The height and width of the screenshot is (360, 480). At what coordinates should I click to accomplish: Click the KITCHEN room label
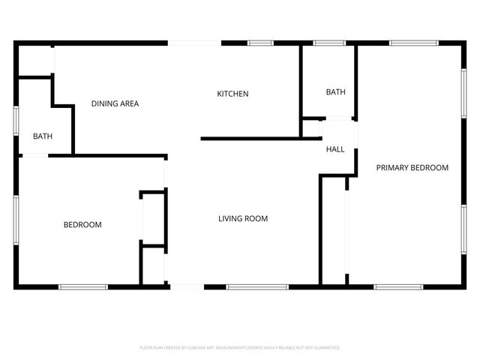pyautogui.click(x=232, y=94)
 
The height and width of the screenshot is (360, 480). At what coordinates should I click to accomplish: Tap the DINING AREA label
pyautogui.click(x=115, y=103)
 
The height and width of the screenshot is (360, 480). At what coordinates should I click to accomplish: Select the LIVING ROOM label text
pyautogui.click(x=243, y=219)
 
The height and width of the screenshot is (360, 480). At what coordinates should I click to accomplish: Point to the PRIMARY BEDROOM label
pyautogui.click(x=412, y=168)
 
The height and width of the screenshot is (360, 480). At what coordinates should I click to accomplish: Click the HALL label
pyautogui.click(x=335, y=149)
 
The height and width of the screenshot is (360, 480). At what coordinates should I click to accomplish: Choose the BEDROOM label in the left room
pyautogui.click(x=82, y=225)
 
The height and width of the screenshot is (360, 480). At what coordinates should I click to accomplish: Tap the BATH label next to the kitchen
pyautogui.click(x=335, y=92)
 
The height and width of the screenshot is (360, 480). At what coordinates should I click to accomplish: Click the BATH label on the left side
pyautogui.click(x=43, y=136)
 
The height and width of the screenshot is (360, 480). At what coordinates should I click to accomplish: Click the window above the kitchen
pyautogui.click(x=260, y=43)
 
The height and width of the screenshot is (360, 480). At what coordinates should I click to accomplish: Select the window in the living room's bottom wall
pyautogui.click(x=257, y=286)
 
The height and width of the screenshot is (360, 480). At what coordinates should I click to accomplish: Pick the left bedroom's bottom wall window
pyautogui.click(x=83, y=286)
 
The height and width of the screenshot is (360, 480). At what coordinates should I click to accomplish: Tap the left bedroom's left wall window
pyautogui.click(x=16, y=220)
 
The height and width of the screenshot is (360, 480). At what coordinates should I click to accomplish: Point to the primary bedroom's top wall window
pyautogui.click(x=413, y=43)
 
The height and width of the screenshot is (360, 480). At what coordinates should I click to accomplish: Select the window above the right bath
pyautogui.click(x=328, y=43)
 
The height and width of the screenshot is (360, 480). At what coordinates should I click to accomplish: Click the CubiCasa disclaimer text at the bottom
pyautogui.click(x=240, y=348)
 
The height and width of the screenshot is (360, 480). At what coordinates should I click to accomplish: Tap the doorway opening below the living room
pyautogui.click(x=186, y=286)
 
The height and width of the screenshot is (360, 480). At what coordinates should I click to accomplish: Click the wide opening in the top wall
pyautogui.click(x=193, y=43)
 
